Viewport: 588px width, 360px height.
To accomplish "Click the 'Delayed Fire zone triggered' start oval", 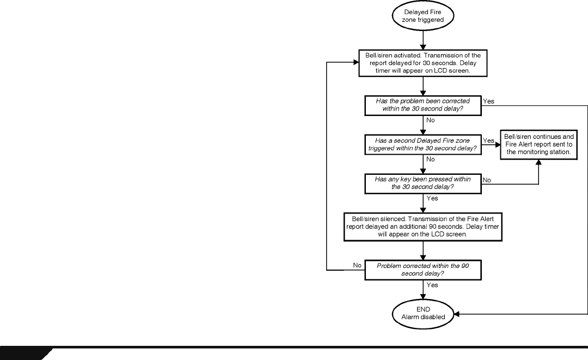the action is [423, 16].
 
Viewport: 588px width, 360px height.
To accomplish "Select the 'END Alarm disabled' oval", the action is [423, 314].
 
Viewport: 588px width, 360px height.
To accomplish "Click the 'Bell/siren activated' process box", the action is [423, 63].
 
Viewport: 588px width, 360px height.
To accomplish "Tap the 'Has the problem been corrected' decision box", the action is [423, 105].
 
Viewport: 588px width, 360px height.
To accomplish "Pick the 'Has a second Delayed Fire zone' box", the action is [423, 145].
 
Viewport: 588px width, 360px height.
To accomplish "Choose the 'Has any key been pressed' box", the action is [423, 184].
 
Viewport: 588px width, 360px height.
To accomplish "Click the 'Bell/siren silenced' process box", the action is [423, 227].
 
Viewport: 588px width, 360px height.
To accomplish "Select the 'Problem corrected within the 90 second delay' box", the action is [423, 270].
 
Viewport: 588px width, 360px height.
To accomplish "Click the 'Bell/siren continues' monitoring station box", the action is [538, 145].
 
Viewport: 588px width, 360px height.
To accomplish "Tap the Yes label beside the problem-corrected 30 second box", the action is [488, 101].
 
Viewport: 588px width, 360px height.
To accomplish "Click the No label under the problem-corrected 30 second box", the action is [431, 120].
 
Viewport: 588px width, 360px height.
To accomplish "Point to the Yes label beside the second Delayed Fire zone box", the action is [488, 141].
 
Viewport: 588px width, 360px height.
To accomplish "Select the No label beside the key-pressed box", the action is [487, 180].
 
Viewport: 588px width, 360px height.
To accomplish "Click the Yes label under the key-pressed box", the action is [432, 198].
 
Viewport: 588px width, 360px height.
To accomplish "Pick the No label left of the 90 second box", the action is [357, 265].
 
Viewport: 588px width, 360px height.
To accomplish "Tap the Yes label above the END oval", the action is [432, 285].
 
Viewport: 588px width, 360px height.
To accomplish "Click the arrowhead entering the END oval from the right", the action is [457, 314].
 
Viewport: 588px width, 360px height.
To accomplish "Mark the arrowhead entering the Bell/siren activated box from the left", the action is [356, 62].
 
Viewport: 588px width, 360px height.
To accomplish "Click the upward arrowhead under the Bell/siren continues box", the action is [538, 163].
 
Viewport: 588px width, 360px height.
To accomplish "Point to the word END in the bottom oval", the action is [423, 310].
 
